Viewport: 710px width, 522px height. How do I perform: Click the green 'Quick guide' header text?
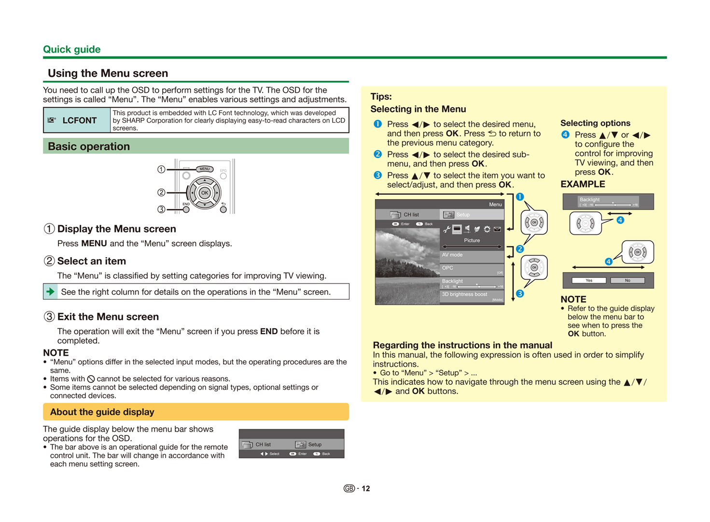tap(71, 49)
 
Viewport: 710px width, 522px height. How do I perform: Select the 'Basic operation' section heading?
tap(89, 146)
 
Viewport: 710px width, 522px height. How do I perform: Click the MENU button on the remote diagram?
tap(205, 169)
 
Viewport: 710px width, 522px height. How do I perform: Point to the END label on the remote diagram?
tap(186, 204)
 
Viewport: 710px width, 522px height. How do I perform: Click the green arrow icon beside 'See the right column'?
tap(50, 292)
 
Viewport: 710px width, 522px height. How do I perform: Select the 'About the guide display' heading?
tap(102, 412)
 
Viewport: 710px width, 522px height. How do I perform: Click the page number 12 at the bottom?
tap(366, 489)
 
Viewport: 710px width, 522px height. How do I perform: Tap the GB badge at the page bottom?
tap(349, 489)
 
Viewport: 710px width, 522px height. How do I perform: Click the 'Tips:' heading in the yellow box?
tap(381, 96)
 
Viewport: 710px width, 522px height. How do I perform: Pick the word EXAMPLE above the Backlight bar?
tap(583, 184)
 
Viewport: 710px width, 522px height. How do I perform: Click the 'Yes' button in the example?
tap(589, 280)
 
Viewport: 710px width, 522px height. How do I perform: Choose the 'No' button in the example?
tap(627, 280)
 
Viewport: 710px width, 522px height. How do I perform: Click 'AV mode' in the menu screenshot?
tap(452, 255)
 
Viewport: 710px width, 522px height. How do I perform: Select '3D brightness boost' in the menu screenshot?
tap(464, 294)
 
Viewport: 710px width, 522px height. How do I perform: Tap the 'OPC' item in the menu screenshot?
tap(447, 268)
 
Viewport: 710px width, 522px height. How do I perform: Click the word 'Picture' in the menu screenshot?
tap(472, 240)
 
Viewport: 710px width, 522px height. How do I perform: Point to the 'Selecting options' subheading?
tap(595, 123)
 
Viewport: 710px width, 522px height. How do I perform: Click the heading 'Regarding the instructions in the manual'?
tap(462, 345)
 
